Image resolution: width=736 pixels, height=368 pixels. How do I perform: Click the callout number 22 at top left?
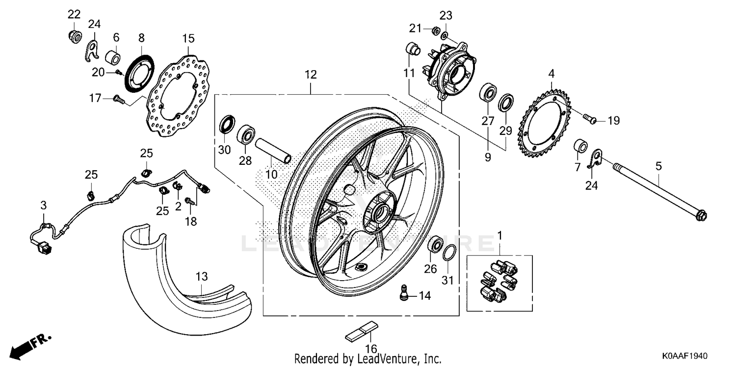pos(73,14)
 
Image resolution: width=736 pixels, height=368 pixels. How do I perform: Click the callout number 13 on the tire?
pos(203,276)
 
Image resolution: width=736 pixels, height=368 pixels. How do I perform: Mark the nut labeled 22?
pos(73,36)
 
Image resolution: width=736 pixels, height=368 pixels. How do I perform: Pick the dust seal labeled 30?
pos(226,125)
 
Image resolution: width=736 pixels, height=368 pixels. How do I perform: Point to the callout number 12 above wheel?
pos(310,75)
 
